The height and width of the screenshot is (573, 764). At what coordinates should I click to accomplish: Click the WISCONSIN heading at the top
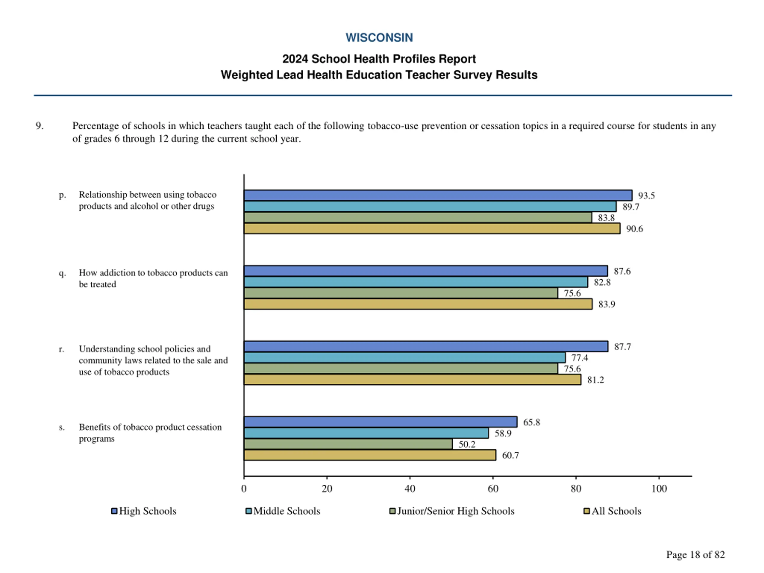pyautogui.click(x=379, y=37)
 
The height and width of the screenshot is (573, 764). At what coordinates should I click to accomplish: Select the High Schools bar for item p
pyautogui.click(x=438, y=195)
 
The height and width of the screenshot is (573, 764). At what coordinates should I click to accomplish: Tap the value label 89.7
pyautogui.click(x=631, y=207)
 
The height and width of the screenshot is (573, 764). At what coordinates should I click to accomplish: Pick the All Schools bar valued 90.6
pyautogui.click(x=432, y=229)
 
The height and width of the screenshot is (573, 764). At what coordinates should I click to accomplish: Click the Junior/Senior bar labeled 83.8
pyautogui.click(x=418, y=218)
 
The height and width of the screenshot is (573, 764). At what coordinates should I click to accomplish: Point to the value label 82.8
pyautogui.click(x=602, y=282)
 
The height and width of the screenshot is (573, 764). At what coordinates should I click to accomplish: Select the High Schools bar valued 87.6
pyautogui.click(x=426, y=271)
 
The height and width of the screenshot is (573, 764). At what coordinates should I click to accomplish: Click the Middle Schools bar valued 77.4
pyautogui.click(x=404, y=358)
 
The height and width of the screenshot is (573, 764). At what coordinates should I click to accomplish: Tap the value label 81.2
pyautogui.click(x=595, y=380)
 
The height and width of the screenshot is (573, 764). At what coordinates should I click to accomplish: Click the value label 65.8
pyautogui.click(x=531, y=422)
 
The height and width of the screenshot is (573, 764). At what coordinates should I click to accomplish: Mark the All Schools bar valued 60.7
pyautogui.click(x=369, y=455)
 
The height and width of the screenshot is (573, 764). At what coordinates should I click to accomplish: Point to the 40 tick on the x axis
pyautogui.click(x=410, y=488)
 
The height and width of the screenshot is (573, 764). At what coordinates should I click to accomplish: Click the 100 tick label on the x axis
pyautogui.click(x=659, y=488)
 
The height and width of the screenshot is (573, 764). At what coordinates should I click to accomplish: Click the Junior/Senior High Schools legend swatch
pyautogui.click(x=392, y=511)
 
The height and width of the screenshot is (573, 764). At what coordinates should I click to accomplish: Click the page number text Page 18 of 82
pyautogui.click(x=695, y=554)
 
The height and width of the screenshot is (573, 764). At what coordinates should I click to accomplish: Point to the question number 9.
pyautogui.click(x=39, y=126)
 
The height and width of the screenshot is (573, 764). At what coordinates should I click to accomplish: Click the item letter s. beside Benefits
pyautogui.click(x=61, y=427)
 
